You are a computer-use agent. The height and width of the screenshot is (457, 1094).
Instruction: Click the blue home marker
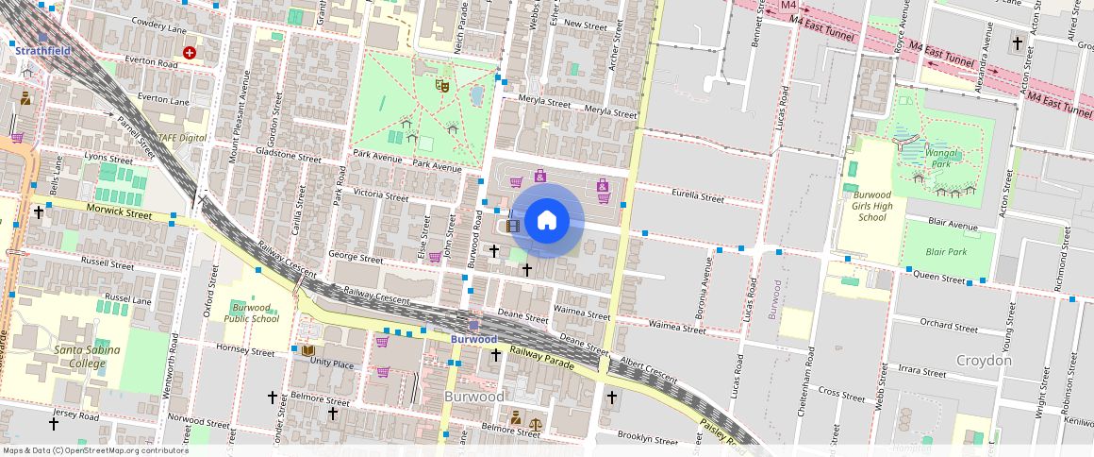pos(547,221)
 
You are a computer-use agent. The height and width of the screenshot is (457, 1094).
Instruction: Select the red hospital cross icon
pos(190,53)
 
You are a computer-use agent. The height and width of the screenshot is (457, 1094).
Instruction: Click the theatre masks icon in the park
pos(440,85)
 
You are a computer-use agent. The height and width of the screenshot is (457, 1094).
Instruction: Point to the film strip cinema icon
pos(513,226)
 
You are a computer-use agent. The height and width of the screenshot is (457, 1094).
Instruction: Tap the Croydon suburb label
pos(984,361)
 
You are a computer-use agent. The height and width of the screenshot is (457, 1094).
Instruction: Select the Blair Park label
pos(946,252)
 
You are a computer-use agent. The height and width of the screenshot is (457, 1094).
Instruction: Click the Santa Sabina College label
pos(67,356)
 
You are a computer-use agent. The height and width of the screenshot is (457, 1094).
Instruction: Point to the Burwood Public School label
pos(251,313)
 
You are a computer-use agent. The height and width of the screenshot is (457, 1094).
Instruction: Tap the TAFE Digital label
pos(182,138)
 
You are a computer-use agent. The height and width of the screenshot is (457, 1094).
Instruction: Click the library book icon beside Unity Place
pos(307,350)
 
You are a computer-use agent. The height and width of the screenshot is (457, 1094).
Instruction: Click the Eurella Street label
pos(698,197)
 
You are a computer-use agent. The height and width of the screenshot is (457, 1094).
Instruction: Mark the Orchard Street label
pos(949,327)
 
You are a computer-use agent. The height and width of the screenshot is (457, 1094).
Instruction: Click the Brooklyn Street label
pos(647,439)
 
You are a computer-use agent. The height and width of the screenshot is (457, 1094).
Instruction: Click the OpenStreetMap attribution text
pos(96,450)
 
